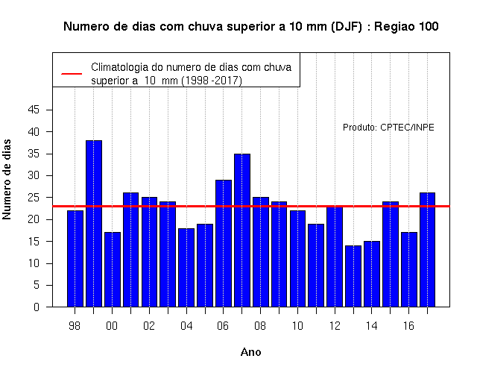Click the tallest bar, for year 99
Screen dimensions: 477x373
point(94,224)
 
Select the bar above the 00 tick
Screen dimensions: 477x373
point(113,269)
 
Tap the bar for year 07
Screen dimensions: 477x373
point(242,231)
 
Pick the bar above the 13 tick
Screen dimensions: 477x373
point(353,276)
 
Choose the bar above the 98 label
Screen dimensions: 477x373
point(75,259)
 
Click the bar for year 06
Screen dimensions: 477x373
point(224,243)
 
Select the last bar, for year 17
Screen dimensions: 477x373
point(427,250)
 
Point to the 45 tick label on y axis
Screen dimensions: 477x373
point(34,110)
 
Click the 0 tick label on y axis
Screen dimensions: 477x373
point(37,307)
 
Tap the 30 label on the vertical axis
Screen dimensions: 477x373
point(34,175)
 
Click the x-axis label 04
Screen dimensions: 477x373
point(186,326)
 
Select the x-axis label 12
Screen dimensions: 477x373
point(335,326)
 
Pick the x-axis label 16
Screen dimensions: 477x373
point(408,326)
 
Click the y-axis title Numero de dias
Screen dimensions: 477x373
point(7,179)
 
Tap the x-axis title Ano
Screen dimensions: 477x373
point(250,352)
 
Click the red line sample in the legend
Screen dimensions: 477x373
point(72,74)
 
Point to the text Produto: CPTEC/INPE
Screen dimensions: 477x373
point(388,128)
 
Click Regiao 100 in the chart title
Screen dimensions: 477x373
point(406,27)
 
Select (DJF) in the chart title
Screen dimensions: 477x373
point(346,27)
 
